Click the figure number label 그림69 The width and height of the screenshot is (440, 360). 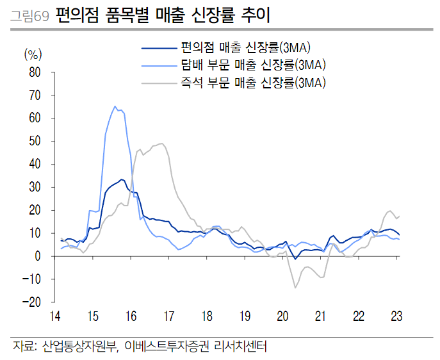point(29,15)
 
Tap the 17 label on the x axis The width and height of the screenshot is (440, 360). point(169,316)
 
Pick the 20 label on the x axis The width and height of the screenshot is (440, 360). point(282,316)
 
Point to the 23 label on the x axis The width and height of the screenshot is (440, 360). point(396,316)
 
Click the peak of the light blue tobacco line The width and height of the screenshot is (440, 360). point(115,106)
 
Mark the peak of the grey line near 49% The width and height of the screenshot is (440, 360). point(161,143)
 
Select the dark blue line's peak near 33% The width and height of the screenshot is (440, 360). point(121,179)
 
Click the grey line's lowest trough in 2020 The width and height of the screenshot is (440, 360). point(295,288)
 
